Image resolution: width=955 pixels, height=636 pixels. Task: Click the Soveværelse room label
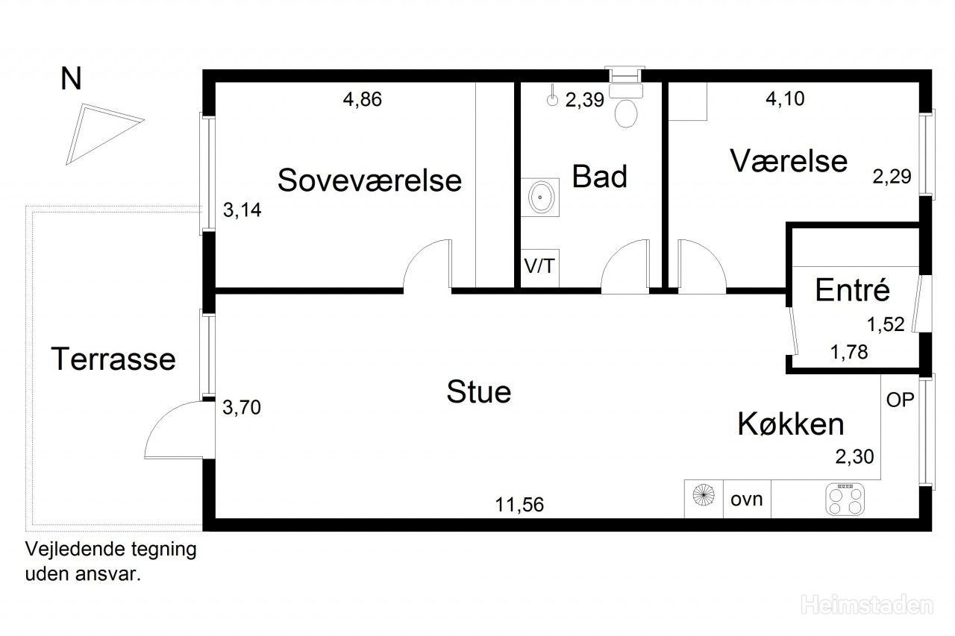coord(369,180)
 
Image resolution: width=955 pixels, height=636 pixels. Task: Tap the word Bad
coord(599,177)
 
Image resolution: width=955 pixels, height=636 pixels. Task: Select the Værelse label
coord(789,161)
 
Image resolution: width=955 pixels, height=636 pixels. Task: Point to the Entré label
coord(852,290)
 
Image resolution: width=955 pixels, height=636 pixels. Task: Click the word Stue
coord(479,391)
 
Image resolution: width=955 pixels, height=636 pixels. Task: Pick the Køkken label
coord(791,424)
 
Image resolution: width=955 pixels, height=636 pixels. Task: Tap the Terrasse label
coord(113,359)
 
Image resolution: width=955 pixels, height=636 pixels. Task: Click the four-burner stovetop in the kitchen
coord(845,499)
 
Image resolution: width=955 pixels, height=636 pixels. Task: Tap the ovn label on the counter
coord(747,500)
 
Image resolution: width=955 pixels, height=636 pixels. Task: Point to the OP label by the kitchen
coord(900,400)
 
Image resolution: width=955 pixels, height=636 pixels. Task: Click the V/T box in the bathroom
coord(539,267)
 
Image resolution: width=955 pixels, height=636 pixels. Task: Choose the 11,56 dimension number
coord(519,505)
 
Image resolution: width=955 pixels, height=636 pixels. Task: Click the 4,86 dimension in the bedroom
coord(363,99)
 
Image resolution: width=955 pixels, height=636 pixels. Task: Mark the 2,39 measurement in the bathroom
coord(584,100)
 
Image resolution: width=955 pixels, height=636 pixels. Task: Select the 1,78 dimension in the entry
coord(849,352)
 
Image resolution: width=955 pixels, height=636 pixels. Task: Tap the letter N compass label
coord(71,79)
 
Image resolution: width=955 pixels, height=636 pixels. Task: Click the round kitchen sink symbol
coord(704,495)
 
